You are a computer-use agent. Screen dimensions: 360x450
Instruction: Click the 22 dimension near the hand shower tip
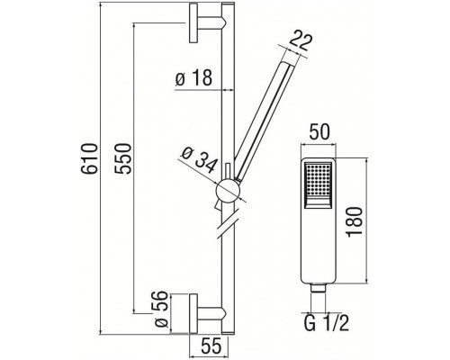[x=303, y=40]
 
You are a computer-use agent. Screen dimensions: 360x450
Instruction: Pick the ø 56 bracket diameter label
[x=157, y=309]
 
